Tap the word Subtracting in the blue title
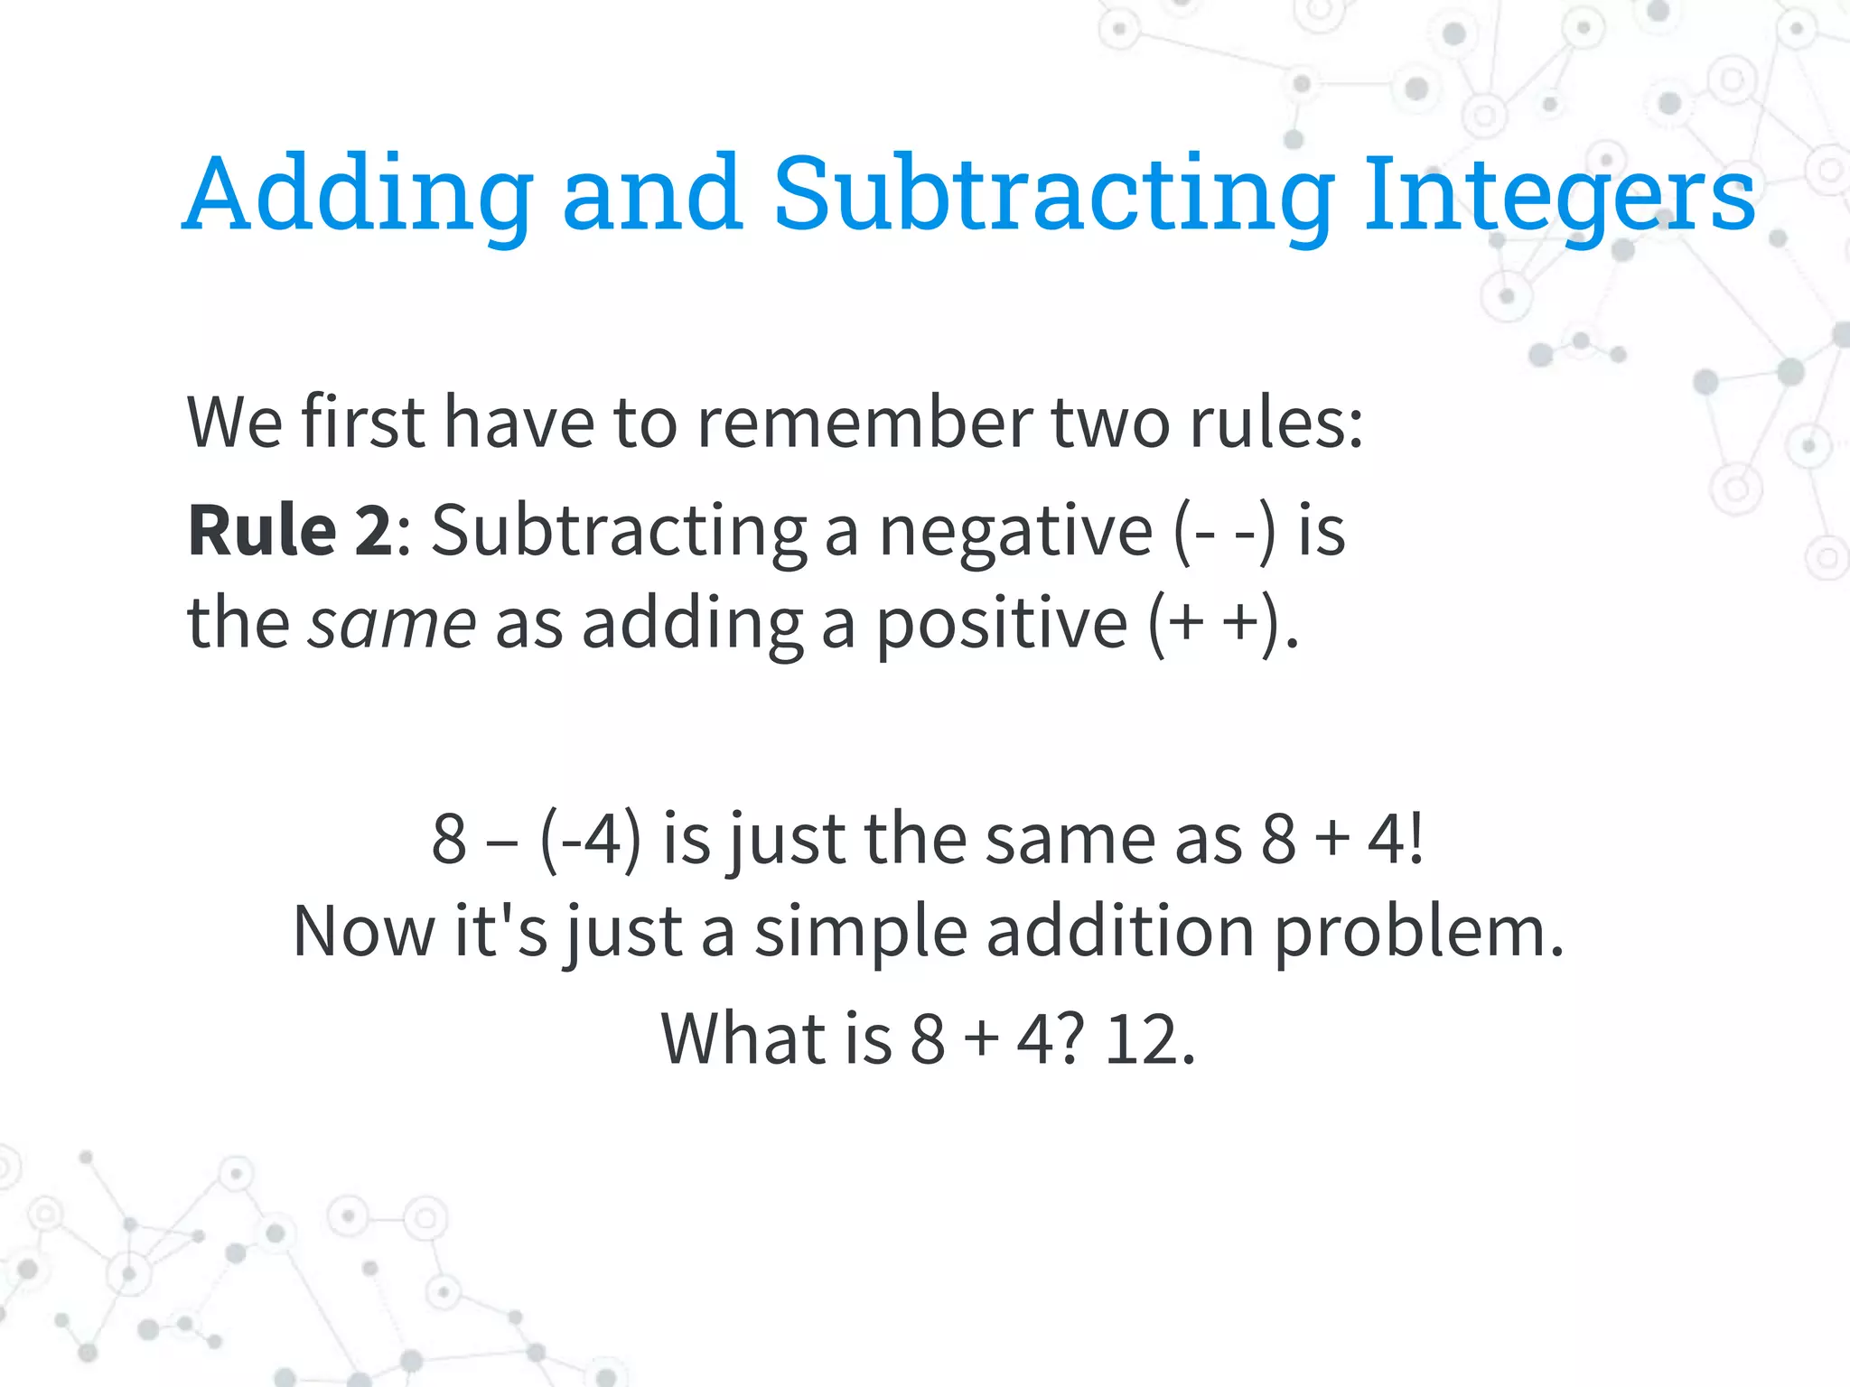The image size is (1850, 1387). pos(1053,194)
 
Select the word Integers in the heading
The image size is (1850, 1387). pos(1559,194)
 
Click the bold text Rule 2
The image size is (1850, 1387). pos(289,531)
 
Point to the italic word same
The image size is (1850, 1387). pos(391,624)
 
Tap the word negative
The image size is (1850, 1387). pos(1016,531)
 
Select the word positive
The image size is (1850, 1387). pos(1002,624)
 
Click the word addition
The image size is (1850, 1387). pos(1120,932)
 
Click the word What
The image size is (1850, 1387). pos(743,1040)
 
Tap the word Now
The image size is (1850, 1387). pos(364,932)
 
